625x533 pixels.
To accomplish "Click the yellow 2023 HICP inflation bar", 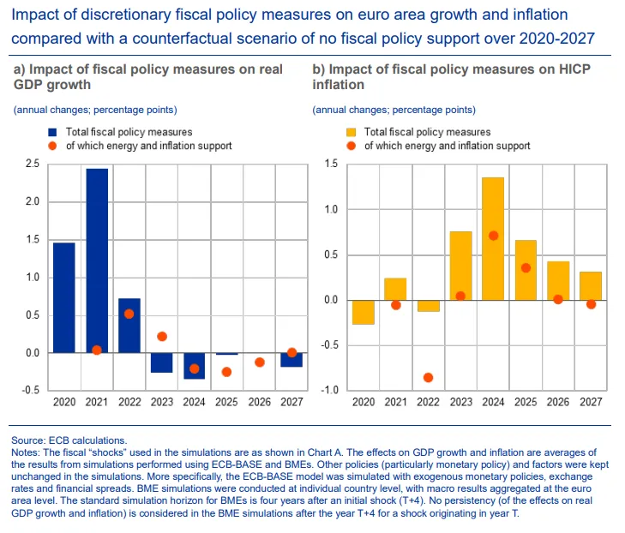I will click(460, 266).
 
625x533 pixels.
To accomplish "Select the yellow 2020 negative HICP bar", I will click(363, 312).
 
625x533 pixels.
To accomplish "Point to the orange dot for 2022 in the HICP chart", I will click(428, 377).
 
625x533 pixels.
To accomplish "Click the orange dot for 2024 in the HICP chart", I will click(493, 236).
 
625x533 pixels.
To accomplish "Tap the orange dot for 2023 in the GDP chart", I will click(162, 337).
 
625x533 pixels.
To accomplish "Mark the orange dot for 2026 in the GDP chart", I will click(260, 362).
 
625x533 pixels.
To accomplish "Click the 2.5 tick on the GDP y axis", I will click(32, 164).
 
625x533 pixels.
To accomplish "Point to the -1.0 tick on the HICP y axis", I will click(329, 391).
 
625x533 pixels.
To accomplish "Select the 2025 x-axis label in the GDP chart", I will click(227, 402).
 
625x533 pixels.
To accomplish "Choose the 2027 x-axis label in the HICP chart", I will click(591, 402).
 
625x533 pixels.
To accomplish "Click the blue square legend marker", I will click(52, 133).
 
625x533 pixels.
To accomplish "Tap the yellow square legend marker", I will click(351, 133).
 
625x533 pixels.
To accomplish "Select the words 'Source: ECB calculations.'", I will click(69, 440).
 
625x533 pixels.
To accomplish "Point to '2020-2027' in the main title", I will click(554, 39).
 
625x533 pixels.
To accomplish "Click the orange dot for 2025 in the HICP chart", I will click(526, 268).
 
